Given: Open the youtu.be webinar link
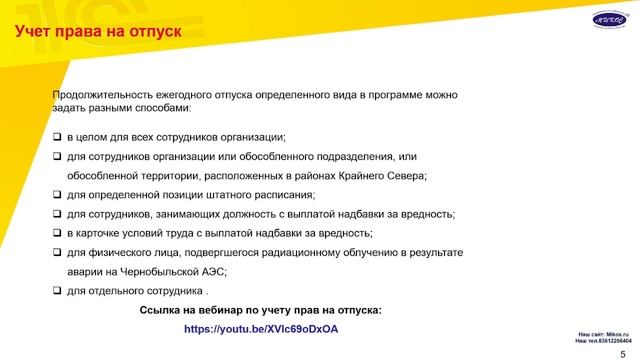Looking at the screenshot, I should coord(262,328).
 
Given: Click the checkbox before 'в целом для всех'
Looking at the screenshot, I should coord(57,137).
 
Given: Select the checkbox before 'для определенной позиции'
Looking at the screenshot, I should coord(57,195).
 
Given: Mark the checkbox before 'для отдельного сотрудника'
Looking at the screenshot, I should coord(57,291).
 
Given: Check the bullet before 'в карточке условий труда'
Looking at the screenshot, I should coord(57,233).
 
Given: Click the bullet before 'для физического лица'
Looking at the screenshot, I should coord(57,252).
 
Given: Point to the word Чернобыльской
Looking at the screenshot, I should coord(156,271).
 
